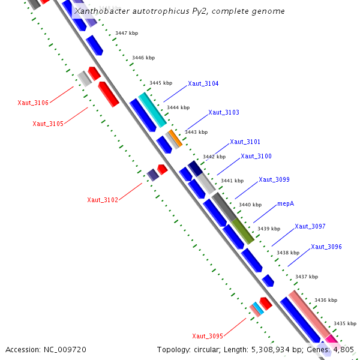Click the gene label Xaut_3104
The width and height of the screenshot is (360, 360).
203,83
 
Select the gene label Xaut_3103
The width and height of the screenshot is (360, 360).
224,112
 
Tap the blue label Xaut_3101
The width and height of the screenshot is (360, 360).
245,142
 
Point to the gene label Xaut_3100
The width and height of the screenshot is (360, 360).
256,156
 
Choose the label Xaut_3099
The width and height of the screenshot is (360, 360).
274,179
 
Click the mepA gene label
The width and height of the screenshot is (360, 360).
286,203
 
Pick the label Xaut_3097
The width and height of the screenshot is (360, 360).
310,226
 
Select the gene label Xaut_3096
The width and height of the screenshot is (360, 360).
326,247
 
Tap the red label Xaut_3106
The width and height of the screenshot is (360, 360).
33,103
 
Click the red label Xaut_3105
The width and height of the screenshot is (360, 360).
48,124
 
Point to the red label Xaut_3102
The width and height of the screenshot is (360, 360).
103,200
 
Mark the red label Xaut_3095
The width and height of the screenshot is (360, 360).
208,335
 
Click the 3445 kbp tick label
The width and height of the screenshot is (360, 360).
161,83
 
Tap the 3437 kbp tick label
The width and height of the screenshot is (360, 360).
307,277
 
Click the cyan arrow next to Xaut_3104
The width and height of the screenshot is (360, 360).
152,109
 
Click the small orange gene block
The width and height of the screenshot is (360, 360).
175,137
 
